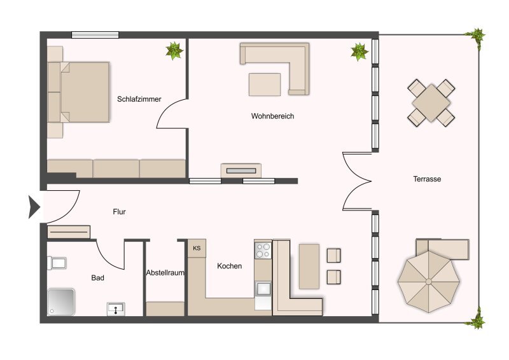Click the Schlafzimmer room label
pyautogui.click(x=139, y=99)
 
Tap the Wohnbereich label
pyautogui.click(x=272, y=116)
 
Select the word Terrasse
pyautogui.click(x=427, y=179)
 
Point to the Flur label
pyautogui.click(x=119, y=212)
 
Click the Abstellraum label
pyautogui.click(x=165, y=273)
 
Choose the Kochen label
pyautogui.click(x=229, y=266)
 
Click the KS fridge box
pyautogui.click(x=197, y=248)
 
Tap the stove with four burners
pyautogui.click(x=263, y=251)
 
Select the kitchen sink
pyautogui.click(x=263, y=288)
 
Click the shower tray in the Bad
pyautogui.click(x=61, y=302)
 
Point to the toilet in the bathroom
pyautogui.click(x=57, y=263)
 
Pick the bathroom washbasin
pyautogui.click(x=116, y=309)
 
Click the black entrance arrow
pyautogui.click(x=34, y=207)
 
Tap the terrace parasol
pyautogui.click(x=429, y=281)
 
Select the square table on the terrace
pyautogui.click(x=431, y=103)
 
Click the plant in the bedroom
pyautogui.click(x=174, y=51)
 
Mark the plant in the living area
pyautogui.click(x=359, y=52)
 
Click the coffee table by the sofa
pyautogui.click(x=265, y=85)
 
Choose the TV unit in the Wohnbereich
pyautogui.click(x=241, y=170)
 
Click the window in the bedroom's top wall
pyautogui.click(x=95, y=35)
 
